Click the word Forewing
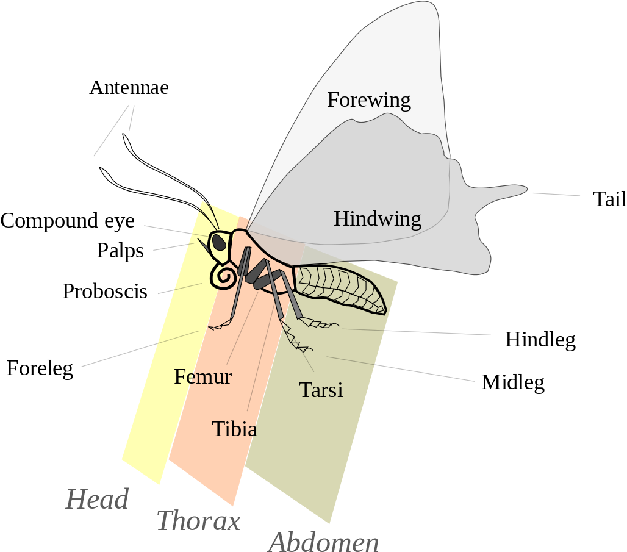(368, 99)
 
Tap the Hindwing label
(377, 218)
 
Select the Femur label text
(202, 377)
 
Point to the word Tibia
(234, 429)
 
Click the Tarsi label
(321, 390)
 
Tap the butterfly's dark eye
(219, 242)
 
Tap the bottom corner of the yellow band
(159, 484)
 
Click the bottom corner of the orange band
(233, 506)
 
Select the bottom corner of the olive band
(329, 523)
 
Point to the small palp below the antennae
(202, 246)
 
